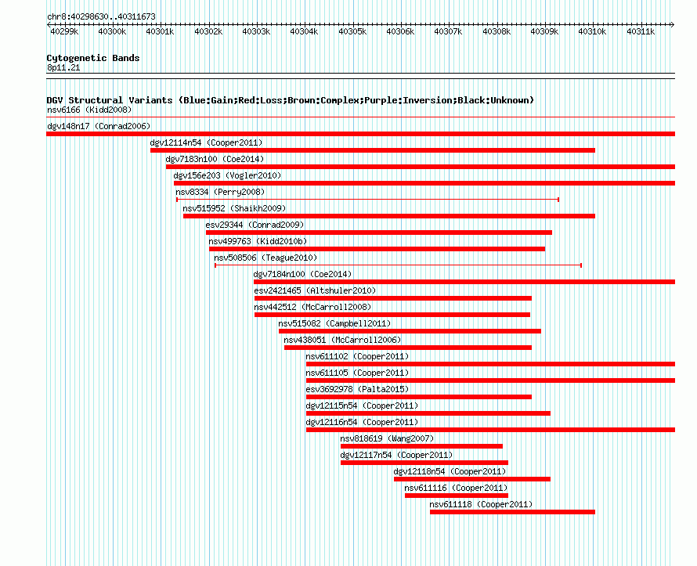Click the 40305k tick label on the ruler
coord(352,32)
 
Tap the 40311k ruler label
coord(641,32)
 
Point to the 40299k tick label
coord(64,32)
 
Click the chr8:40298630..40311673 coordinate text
coord(101,17)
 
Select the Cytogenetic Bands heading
coord(93,58)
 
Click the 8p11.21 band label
coord(63,68)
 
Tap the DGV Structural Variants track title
coord(291,100)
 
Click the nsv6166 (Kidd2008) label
coord(89,110)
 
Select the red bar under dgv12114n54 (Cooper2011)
coord(373,150)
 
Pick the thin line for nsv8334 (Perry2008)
coord(367,200)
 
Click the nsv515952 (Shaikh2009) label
coord(234,208)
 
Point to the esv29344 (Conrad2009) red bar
coord(379,233)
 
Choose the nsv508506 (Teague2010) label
coord(265,258)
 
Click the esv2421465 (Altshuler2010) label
coord(315,290)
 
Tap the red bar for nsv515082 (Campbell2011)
coord(410,331)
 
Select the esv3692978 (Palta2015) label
coord(357,389)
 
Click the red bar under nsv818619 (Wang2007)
coord(421,446)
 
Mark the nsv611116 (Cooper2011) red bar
coord(456,496)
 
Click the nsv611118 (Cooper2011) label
coord(481,504)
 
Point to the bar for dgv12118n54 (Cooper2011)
coord(472,479)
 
